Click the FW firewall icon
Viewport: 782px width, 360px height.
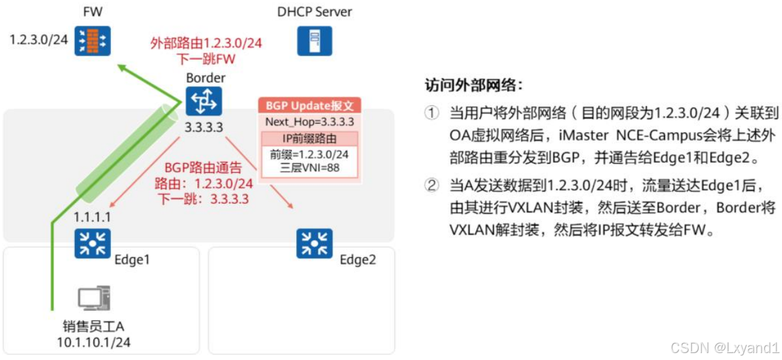point(92,41)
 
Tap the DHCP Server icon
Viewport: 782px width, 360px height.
point(314,41)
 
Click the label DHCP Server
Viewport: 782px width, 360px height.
point(314,11)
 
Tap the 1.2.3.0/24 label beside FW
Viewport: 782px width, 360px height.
point(38,40)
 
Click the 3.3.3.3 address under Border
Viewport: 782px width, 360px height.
point(204,127)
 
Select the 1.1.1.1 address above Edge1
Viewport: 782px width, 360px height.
point(93,218)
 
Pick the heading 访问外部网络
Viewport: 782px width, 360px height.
point(473,85)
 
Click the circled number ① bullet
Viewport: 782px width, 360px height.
point(431,113)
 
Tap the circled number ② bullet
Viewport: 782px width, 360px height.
point(431,185)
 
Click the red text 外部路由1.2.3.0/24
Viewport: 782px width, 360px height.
point(206,44)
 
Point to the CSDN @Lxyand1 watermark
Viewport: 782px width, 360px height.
point(725,347)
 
